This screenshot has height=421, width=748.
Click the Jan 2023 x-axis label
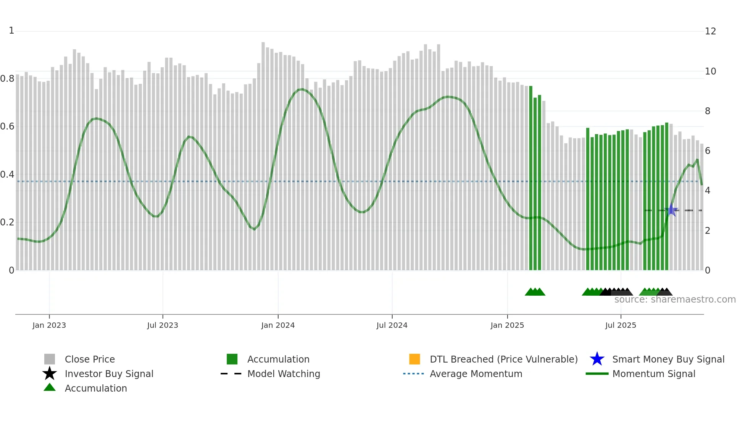pos(49,325)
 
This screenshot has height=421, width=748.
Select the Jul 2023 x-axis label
pos(163,325)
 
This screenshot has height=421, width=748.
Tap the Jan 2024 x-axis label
pos(278,325)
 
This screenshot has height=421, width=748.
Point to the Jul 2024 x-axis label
pos(392,325)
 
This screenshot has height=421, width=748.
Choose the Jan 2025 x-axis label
pos(507,325)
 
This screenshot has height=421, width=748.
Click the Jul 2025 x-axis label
pos(621,325)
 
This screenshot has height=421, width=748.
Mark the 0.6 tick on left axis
pos(7,126)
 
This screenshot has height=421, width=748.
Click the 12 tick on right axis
pos(710,31)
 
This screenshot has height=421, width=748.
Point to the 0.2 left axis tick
pos(7,222)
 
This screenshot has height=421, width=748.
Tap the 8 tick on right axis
pos(708,111)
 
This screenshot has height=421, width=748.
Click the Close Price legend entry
pos(90,359)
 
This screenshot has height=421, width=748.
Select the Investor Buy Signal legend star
pos(50,374)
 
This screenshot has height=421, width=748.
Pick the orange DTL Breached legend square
pos(414,359)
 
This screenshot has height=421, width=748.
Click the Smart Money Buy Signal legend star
pos(597,359)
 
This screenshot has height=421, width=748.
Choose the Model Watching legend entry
pos(284,374)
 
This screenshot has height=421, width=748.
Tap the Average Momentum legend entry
pos(476,374)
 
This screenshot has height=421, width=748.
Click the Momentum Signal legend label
pos(654,374)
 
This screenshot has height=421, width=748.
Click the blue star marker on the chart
pos(671,210)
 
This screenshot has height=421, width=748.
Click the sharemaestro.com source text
pos(675,300)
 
